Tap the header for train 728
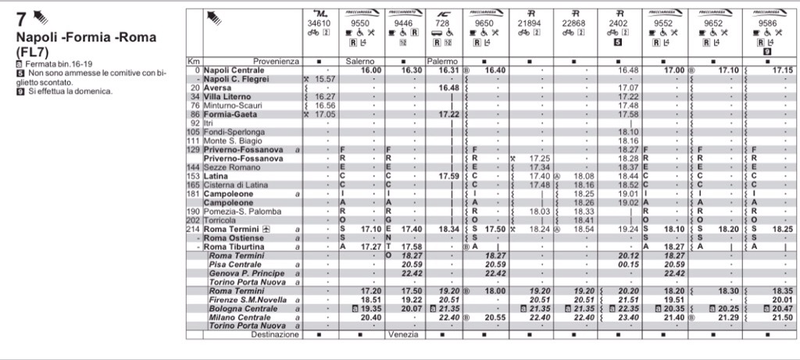click(x=442, y=23)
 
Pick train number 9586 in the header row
click(x=770, y=23)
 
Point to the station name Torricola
click(x=218, y=220)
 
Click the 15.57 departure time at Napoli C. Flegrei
click(x=325, y=79)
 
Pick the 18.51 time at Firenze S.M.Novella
click(x=370, y=299)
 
